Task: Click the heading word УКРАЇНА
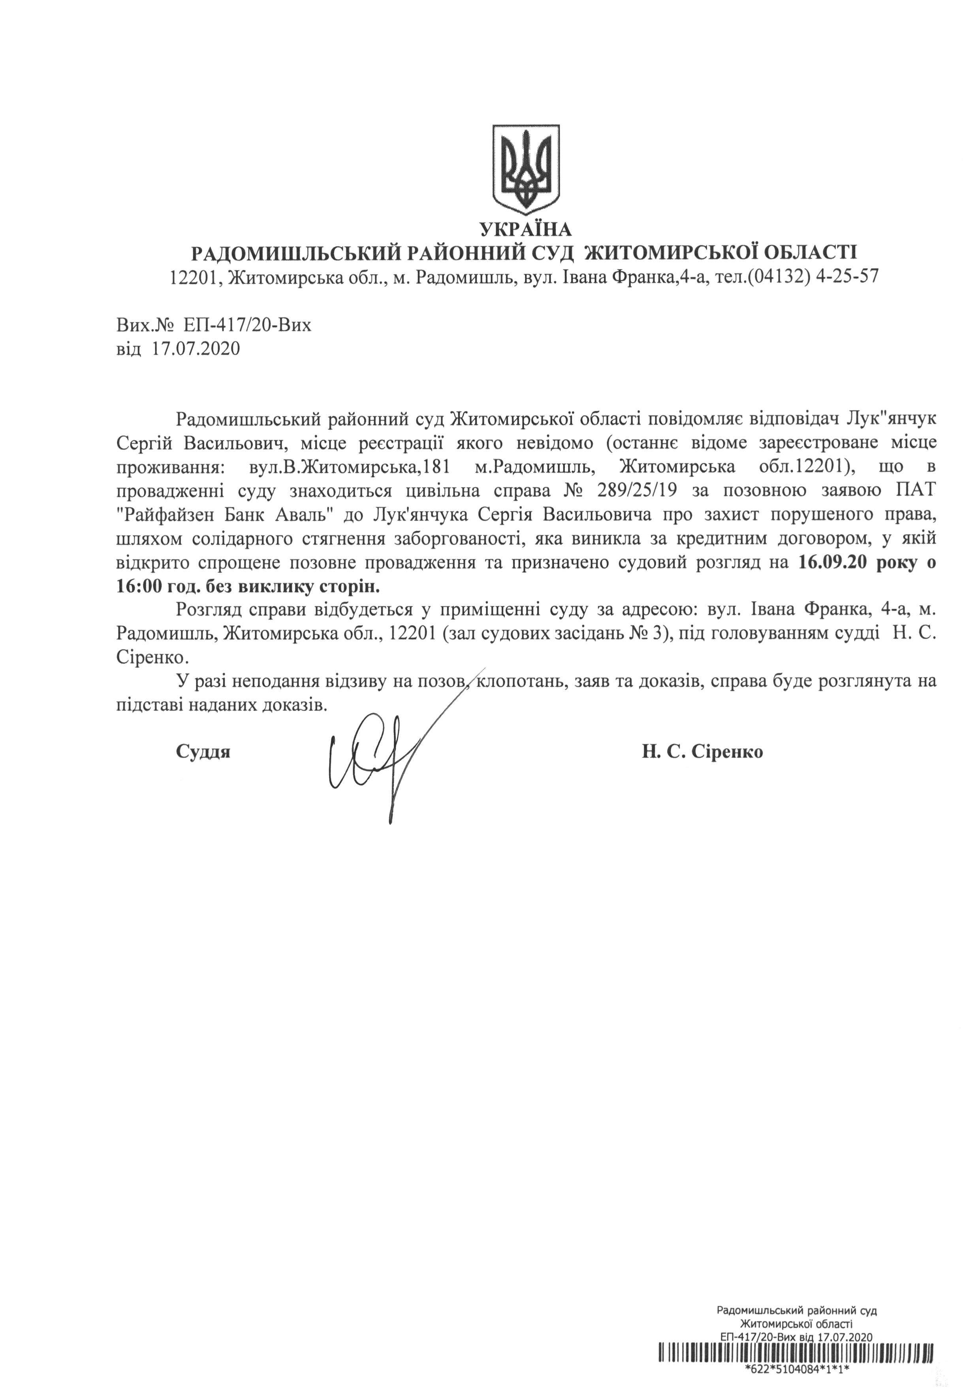coord(525,229)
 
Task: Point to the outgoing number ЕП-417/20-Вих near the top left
coord(246,325)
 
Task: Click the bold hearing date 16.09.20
coord(831,563)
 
